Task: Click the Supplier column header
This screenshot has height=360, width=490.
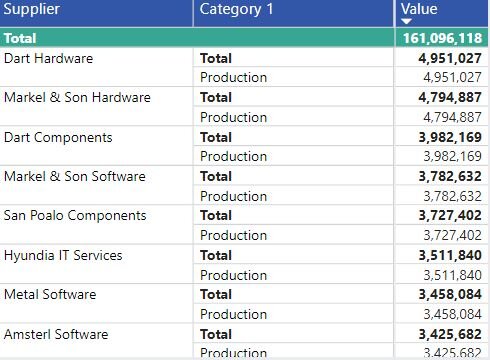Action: pyautogui.click(x=32, y=10)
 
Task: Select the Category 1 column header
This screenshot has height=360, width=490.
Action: pyautogui.click(x=238, y=10)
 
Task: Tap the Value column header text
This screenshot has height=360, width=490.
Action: pyautogui.click(x=419, y=9)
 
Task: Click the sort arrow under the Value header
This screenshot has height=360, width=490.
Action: pyautogui.click(x=406, y=21)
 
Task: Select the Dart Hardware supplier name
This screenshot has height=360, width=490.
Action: pyautogui.click(x=48, y=58)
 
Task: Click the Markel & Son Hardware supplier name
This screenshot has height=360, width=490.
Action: pyautogui.click(x=77, y=97)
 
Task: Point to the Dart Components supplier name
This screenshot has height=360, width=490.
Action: pyautogui.click(x=58, y=137)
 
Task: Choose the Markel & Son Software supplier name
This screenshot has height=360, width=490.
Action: pyautogui.click(x=74, y=176)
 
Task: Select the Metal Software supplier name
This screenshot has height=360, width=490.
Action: pyautogui.click(x=50, y=294)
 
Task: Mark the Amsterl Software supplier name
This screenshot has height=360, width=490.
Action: pyautogui.click(x=56, y=334)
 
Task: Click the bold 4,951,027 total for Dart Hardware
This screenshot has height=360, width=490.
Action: pyautogui.click(x=450, y=58)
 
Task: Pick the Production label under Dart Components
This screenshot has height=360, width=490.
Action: pyautogui.click(x=233, y=156)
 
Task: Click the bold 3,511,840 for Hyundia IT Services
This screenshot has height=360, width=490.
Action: pyautogui.click(x=450, y=255)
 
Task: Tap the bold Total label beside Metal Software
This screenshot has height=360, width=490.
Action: pyautogui.click(x=216, y=294)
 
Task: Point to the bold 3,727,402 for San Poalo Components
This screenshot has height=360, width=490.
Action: pyautogui.click(x=450, y=215)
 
